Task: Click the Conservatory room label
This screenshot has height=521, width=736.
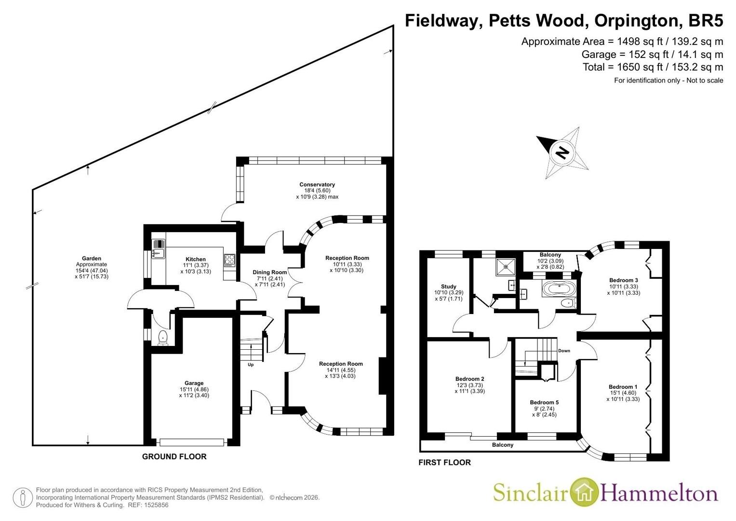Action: point(317,184)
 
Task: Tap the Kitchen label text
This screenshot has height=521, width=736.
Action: point(196,259)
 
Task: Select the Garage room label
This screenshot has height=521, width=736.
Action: point(194,383)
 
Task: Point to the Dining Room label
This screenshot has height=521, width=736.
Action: point(270,273)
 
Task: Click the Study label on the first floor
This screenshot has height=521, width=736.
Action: point(449,287)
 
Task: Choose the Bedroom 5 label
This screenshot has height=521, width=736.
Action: point(544,402)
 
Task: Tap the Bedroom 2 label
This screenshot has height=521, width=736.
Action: point(469,379)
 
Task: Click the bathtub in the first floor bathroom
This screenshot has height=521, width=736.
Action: point(559,289)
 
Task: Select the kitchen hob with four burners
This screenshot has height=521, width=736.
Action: point(230,260)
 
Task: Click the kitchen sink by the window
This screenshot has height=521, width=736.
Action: point(159,249)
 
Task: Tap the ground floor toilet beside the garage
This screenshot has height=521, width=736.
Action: point(162,338)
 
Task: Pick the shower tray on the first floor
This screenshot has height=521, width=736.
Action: point(506,267)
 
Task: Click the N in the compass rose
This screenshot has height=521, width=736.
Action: point(563,152)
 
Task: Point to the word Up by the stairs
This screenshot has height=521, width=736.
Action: point(251,365)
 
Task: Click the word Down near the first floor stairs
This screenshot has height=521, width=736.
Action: point(564,351)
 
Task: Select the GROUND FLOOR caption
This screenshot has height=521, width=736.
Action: point(174,456)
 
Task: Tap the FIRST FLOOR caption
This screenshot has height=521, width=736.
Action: point(444,463)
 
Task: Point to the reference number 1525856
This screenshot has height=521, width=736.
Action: point(155,505)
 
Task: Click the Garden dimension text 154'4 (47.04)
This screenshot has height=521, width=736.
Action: point(92,271)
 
